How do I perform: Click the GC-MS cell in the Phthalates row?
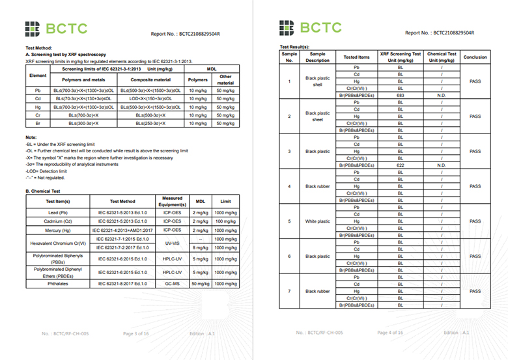[173, 284]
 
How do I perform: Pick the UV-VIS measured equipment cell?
[173, 243]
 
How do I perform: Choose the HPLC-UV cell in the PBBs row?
[173, 259]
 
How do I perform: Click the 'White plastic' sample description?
[318, 221]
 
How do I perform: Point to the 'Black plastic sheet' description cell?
[318, 116]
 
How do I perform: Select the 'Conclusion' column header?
[475, 57]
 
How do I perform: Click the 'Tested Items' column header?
[357, 57]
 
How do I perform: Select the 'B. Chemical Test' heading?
[42, 191]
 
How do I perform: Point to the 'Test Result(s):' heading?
[296, 48]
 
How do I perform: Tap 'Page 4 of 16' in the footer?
[390, 333]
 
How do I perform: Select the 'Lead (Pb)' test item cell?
[55, 213]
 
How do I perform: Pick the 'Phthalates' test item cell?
[55, 284]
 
